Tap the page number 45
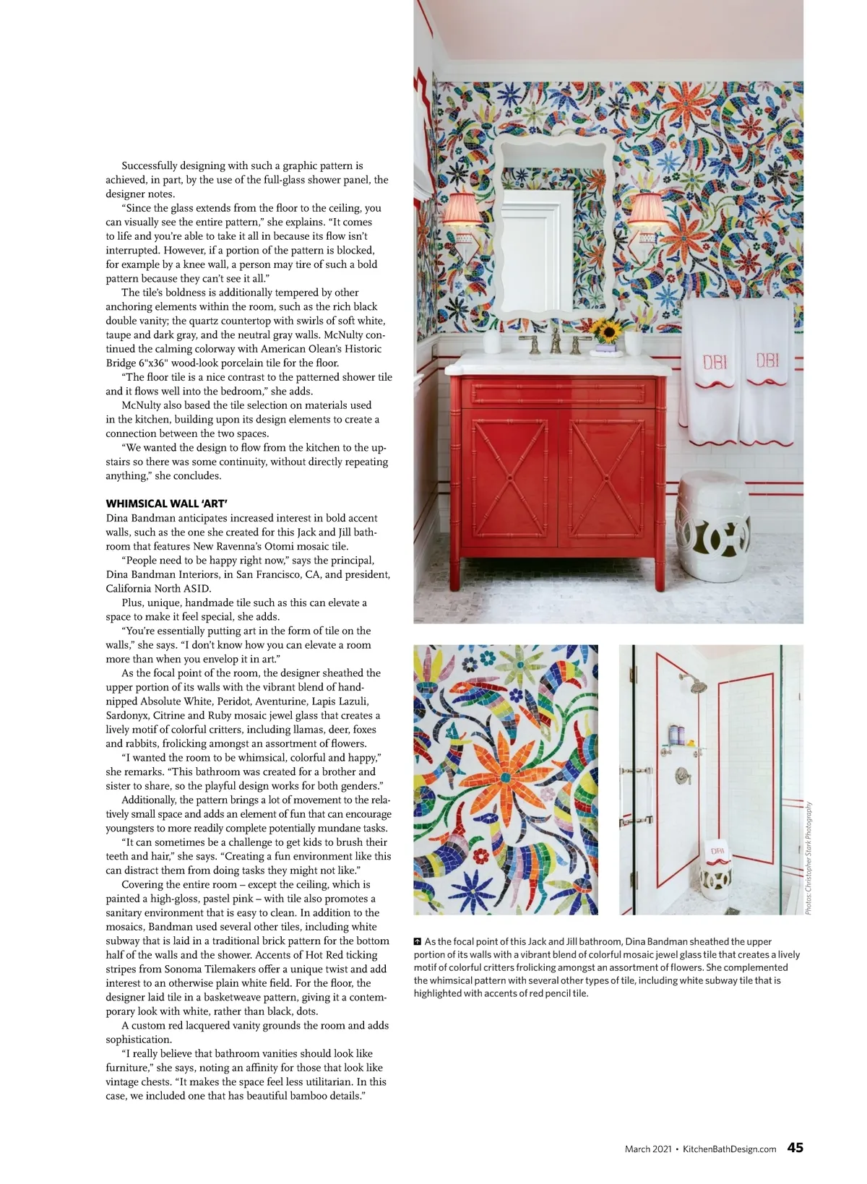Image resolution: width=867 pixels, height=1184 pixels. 795,1147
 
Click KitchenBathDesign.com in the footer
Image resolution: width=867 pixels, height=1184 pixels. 729,1149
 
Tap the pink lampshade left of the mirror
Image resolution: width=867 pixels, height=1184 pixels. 462,208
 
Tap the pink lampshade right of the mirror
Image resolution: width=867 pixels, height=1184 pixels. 646,209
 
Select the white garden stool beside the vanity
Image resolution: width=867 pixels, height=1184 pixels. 712,525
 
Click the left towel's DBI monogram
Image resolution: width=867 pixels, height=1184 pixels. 715,361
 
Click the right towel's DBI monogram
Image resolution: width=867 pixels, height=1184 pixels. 767,360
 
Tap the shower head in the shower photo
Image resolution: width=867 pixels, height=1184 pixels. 698,684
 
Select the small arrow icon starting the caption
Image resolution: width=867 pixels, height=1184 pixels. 418,942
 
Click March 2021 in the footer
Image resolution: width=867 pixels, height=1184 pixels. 648,1149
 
